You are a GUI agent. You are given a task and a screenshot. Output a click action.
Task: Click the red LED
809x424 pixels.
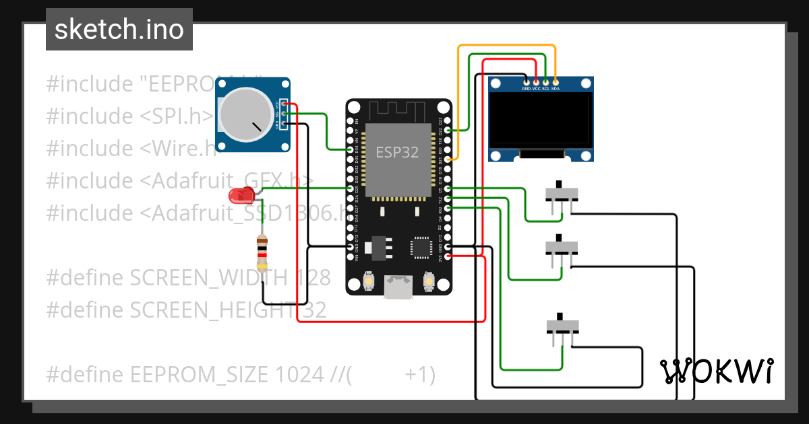click(239, 196)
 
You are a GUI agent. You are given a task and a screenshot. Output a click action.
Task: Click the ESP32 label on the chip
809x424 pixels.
click(397, 152)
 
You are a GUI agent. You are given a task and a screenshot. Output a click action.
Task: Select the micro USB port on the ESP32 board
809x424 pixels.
click(398, 287)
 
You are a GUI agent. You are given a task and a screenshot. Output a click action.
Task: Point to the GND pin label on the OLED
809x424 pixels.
click(526, 88)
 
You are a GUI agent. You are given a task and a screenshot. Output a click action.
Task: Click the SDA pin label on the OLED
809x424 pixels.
click(555, 88)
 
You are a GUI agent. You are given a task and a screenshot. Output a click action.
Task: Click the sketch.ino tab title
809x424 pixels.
click(119, 30)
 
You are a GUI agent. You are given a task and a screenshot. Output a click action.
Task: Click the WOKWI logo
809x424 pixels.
click(716, 371)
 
